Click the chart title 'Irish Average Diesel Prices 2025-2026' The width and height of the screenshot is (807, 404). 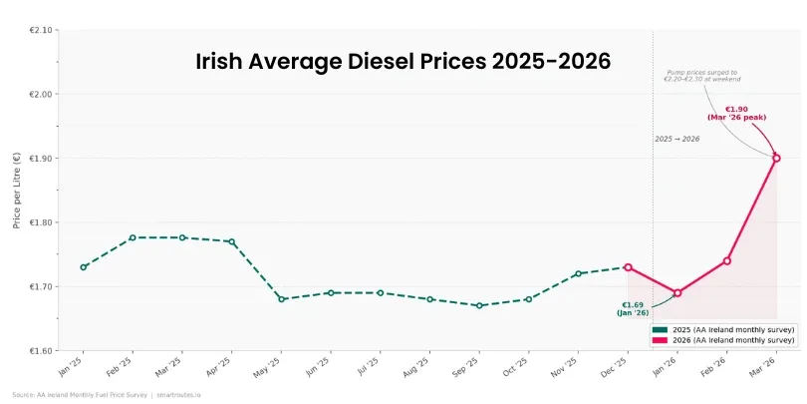click(403, 62)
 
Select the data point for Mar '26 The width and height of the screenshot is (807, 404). click(776, 158)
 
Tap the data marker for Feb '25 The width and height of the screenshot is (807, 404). click(133, 237)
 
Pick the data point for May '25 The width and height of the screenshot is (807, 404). click(281, 299)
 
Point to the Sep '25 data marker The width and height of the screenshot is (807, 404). click(479, 305)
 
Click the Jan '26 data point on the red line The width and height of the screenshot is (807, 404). click(677, 293)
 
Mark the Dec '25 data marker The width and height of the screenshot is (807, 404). click(628, 267)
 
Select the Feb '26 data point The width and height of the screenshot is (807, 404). click(727, 261)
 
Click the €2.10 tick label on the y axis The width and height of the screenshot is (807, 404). click(40, 30)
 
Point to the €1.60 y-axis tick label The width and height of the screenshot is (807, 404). click(40, 351)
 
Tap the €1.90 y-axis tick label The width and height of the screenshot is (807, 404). click(40, 159)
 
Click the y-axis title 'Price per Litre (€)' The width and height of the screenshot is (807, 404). click(17, 191)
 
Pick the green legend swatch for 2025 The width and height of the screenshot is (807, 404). click(659, 329)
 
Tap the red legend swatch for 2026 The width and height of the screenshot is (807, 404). click(659, 340)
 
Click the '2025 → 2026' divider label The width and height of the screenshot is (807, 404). click(677, 139)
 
